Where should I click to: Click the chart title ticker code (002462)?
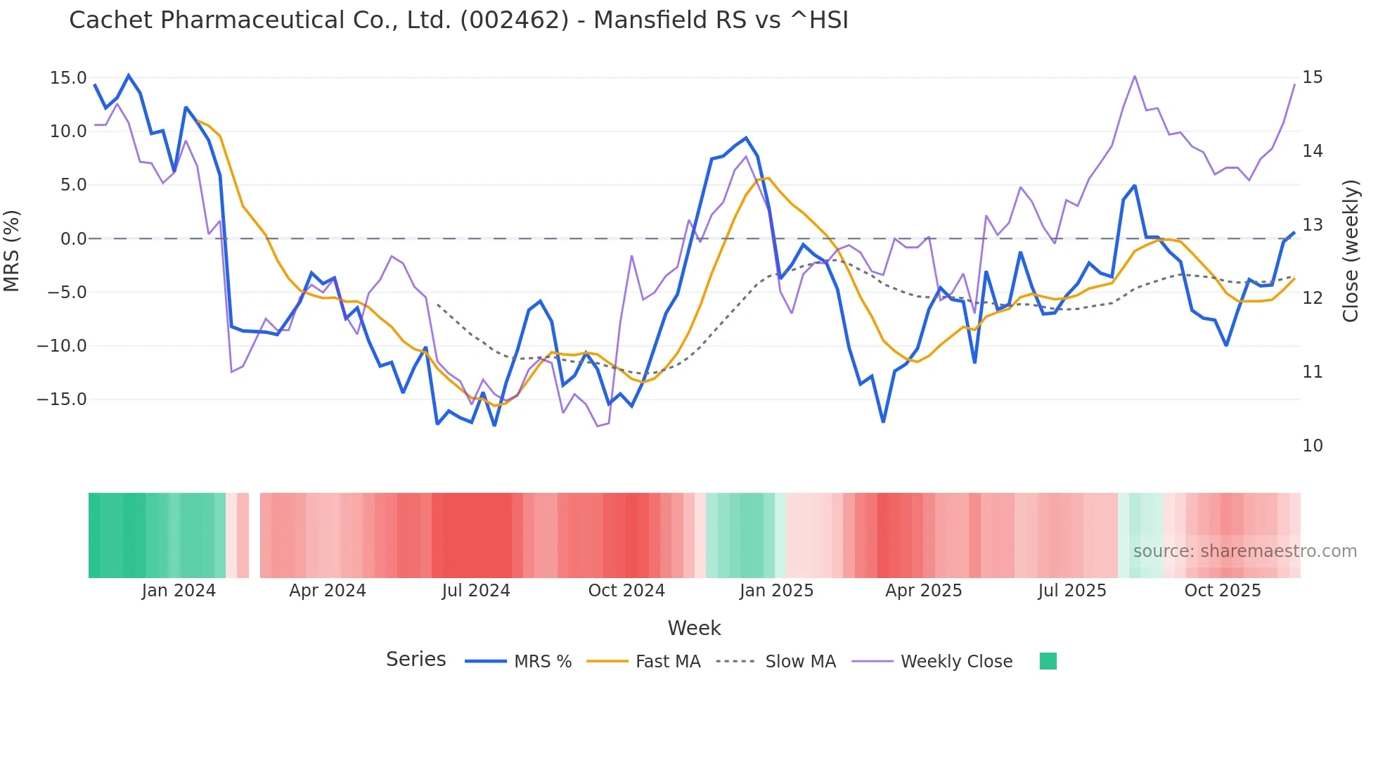click(514, 20)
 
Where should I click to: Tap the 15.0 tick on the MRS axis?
click(68, 78)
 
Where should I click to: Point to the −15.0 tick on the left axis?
click(62, 399)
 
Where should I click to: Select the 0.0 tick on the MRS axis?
click(73, 239)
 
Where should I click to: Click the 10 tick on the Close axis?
click(1312, 446)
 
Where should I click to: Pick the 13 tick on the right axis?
click(1312, 225)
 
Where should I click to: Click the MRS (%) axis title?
click(12, 251)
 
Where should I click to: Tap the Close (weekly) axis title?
click(1350, 251)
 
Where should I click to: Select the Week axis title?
click(694, 628)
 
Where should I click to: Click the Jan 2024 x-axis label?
click(179, 591)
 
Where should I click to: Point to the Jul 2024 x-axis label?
click(476, 591)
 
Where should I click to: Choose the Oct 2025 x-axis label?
click(1223, 591)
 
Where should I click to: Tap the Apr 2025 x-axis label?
click(923, 591)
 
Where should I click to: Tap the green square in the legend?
click(1048, 661)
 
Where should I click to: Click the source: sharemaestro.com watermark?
click(1244, 551)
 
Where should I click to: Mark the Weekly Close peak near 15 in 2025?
click(1135, 76)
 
